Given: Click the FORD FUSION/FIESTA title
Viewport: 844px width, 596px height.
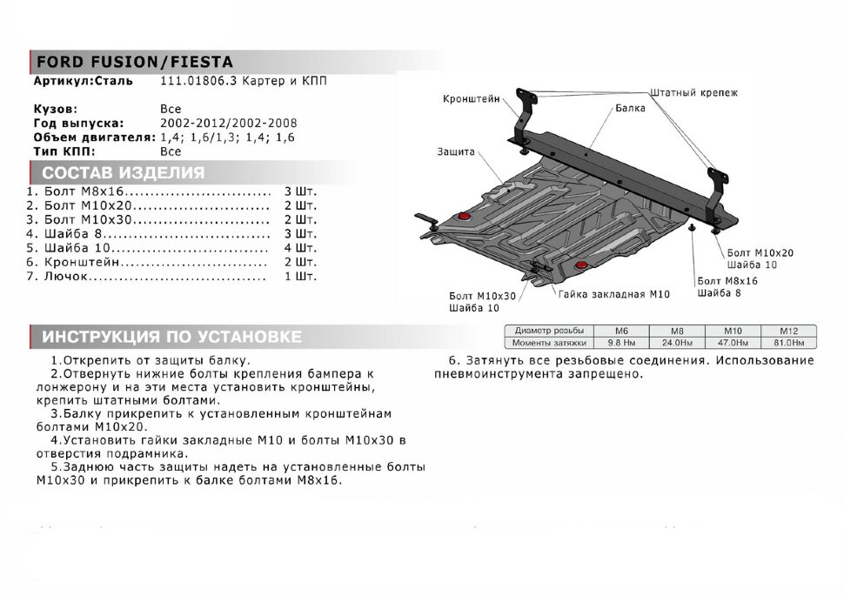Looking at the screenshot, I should [132, 63].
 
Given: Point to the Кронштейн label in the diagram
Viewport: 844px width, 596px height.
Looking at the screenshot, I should [471, 100].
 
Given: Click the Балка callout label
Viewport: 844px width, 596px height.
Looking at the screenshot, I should [629, 110].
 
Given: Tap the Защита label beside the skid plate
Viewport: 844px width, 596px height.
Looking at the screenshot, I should [457, 151].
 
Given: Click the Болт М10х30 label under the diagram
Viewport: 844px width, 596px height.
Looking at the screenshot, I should [483, 296].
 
